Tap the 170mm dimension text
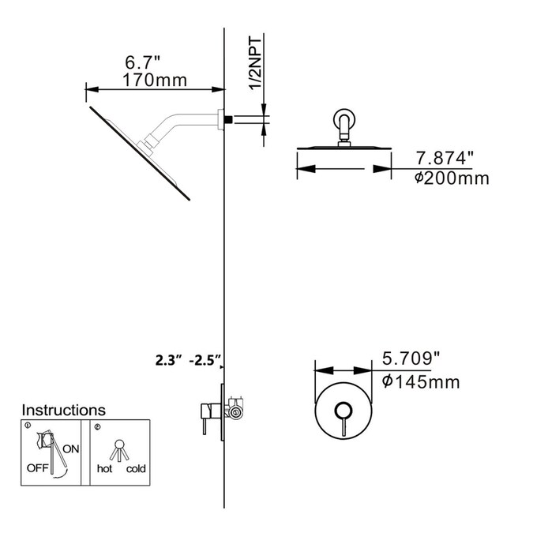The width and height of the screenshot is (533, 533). (155, 80)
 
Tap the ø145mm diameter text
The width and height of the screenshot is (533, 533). (421, 382)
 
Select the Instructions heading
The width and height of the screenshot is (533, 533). (63, 410)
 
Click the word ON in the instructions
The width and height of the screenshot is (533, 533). (71, 449)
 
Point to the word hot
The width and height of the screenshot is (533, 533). (104, 469)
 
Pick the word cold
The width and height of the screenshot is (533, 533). (136, 469)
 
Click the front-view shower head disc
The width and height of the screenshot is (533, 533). (344, 148)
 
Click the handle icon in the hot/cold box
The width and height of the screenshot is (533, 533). (120, 448)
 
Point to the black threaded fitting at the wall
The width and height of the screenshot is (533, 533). (228, 119)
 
